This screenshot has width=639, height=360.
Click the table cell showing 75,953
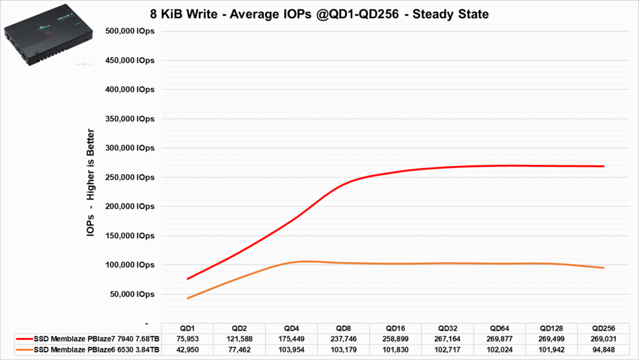pos(187,339)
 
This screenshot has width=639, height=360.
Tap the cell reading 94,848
pos(603,349)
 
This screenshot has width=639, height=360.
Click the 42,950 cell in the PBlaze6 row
pos(187,349)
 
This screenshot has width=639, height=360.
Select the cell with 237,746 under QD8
pos(343,339)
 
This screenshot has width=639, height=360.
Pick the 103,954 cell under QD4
pos(291,349)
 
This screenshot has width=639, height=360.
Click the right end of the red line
pos(603,166)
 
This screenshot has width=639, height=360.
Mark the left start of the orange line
pos(188,298)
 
